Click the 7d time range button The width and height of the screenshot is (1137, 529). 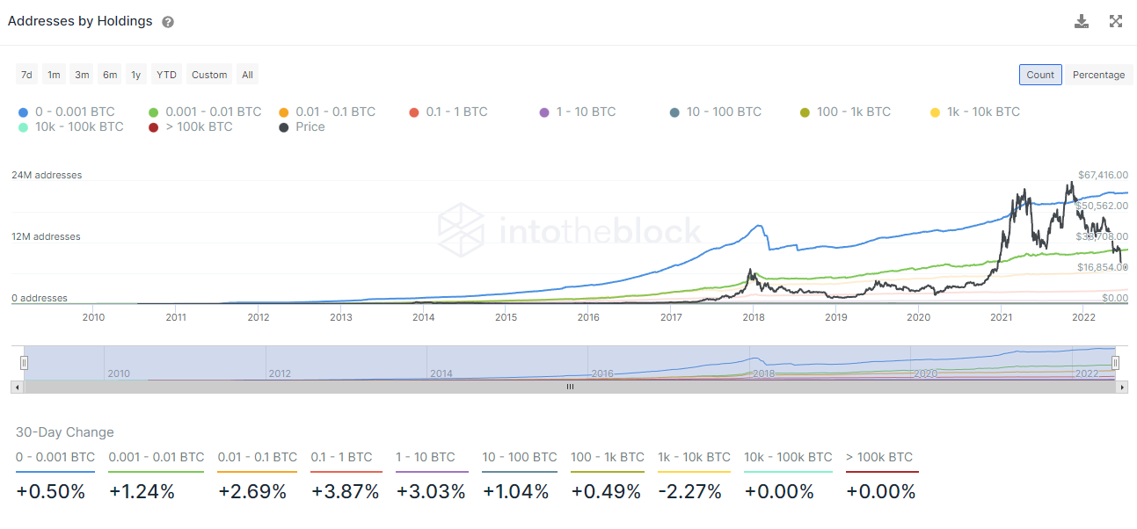tap(26, 75)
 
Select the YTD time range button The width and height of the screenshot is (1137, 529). tap(166, 75)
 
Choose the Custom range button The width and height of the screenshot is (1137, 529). tap(209, 75)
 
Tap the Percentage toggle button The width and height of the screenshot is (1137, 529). tap(1098, 75)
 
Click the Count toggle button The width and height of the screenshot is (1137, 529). tap(1040, 75)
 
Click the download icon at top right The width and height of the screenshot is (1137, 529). tap(1082, 21)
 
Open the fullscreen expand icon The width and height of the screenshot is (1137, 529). tap(1116, 21)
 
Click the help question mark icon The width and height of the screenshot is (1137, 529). tap(168, 22)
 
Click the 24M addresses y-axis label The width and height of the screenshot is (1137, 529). tap(47, 175)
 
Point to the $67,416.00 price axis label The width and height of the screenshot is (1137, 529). tap(1103, 175)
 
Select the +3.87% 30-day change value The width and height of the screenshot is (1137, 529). tap(346, 492)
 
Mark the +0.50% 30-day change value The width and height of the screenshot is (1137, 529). tap(51, 492)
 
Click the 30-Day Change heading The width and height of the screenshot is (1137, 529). tap(65, 432)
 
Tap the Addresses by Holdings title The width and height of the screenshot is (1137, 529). tap(80, 21)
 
